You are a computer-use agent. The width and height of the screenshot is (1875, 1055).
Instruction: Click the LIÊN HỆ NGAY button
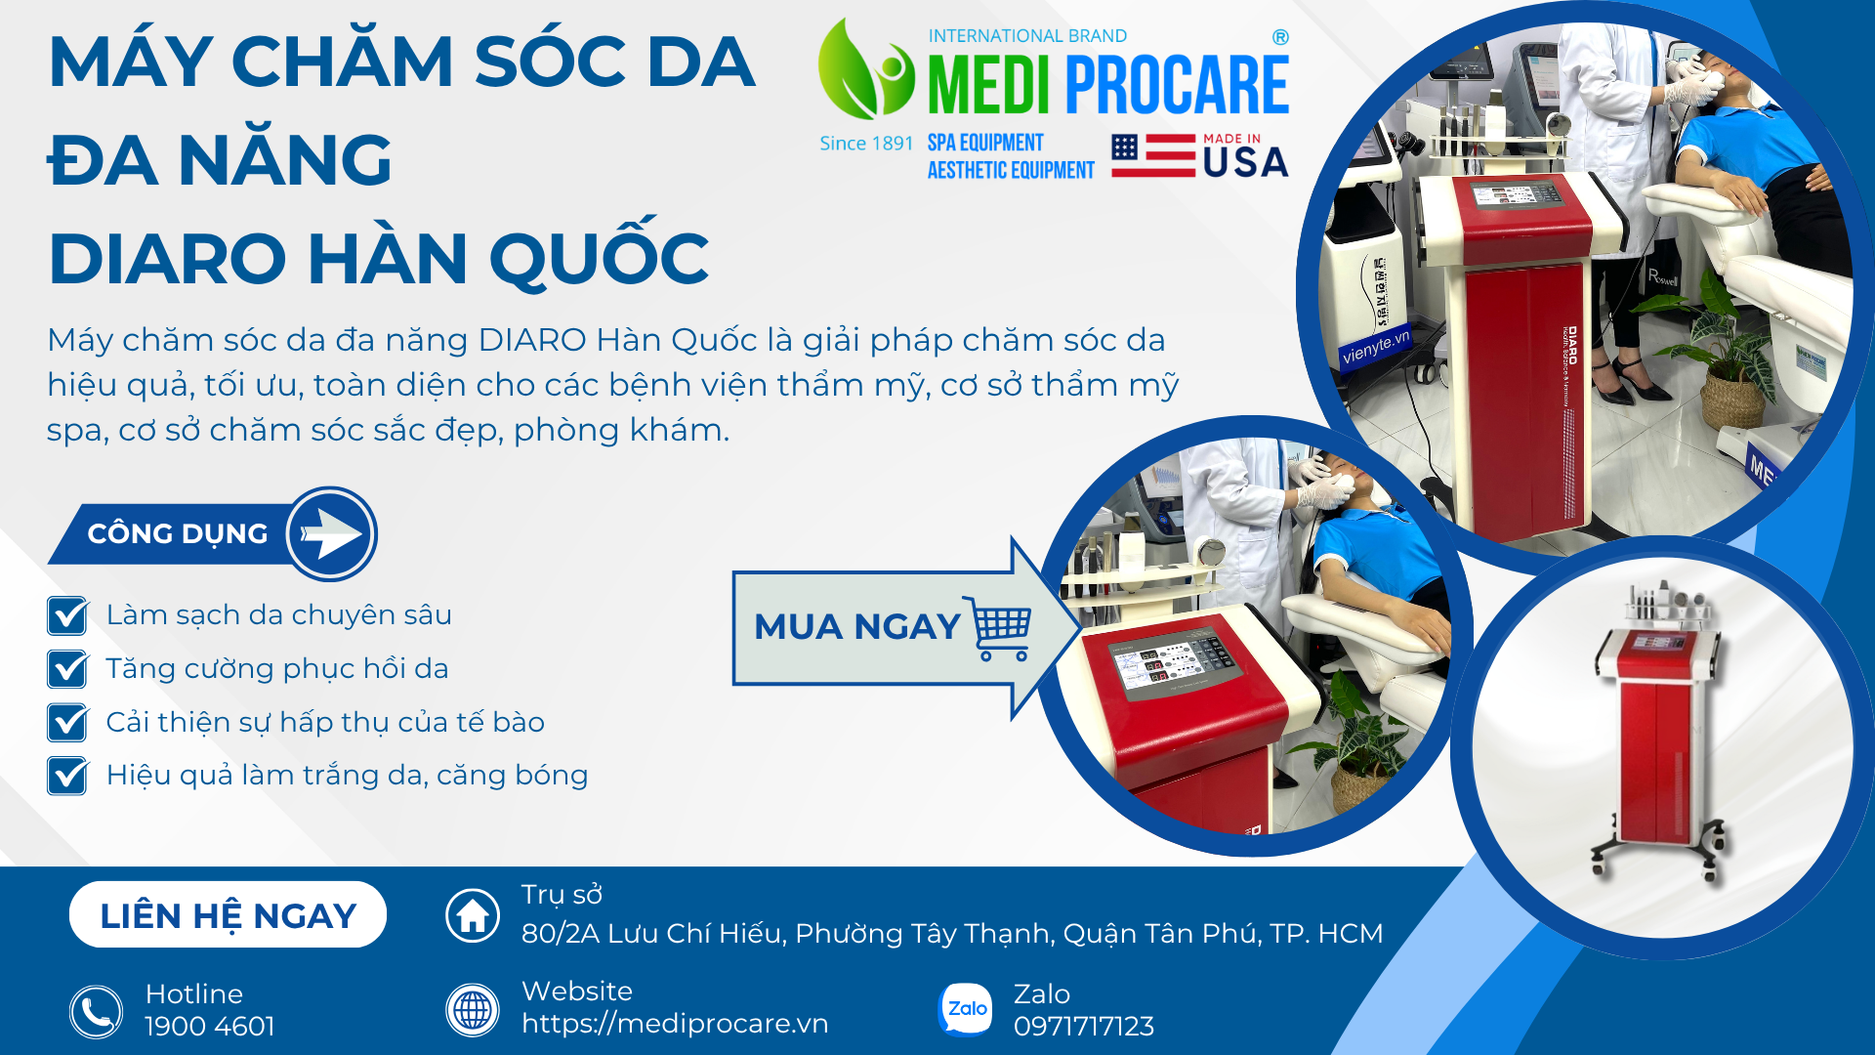click(228, 915)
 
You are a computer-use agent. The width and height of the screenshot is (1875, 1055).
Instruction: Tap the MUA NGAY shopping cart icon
click(997, 628)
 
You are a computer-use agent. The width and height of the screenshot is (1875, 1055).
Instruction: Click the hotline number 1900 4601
click(210, 1027)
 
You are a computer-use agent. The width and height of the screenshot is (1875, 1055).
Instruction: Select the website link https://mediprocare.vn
click(675, 1024)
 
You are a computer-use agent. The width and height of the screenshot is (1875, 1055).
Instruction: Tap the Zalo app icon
click(965, 1009)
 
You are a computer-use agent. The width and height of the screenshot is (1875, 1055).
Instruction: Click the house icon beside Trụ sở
click(473, 915)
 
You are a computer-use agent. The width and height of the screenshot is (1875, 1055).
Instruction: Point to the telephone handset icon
click(96, 1012)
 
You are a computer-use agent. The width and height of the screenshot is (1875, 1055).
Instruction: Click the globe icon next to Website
click(473, 1009)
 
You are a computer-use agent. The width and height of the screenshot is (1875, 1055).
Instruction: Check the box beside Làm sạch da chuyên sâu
click(67, 615)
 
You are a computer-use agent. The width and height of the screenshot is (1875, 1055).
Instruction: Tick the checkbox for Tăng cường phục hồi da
click(67, 669)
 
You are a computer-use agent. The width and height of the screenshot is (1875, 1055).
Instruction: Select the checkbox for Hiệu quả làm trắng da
click(67, 776)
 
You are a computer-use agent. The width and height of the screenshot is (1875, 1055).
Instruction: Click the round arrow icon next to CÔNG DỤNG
click(331, 534)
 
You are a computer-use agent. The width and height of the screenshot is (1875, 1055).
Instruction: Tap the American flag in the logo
click(1153, 156)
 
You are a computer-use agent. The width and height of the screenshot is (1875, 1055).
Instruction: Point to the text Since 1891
click(866, 144)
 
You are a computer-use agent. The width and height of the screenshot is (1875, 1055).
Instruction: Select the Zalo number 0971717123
click(1084, 1027)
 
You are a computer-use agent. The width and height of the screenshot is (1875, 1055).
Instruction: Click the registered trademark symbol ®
click(1280, 37)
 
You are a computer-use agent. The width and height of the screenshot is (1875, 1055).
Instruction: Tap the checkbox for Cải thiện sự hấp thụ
click(67, 723)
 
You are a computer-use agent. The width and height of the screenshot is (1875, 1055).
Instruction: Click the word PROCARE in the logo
click(1178, 85)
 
